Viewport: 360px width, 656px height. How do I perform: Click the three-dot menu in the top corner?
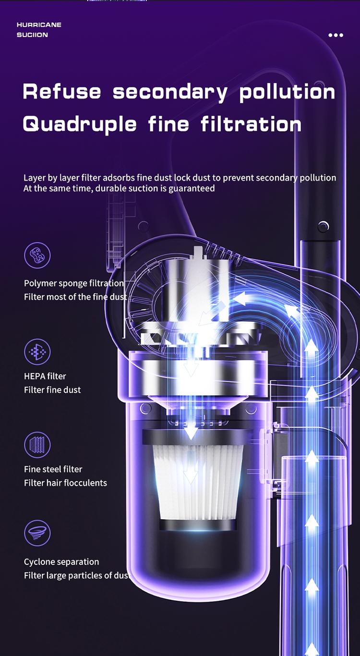coord(336,35)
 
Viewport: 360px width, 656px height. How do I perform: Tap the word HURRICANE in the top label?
coord(39,25)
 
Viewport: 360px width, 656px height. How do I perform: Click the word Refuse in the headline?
coord(62,91)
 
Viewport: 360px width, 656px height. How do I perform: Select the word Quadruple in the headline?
coord(80,124)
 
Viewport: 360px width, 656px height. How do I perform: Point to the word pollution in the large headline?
coord(287,93)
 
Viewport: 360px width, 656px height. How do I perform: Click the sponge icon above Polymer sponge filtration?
coord(37,255)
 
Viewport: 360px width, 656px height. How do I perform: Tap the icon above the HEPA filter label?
coord(37,352)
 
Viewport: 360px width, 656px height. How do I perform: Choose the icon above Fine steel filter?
coord(37,445)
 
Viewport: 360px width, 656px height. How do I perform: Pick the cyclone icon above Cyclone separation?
coord(37,533)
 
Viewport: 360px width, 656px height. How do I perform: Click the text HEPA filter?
coord(45,376)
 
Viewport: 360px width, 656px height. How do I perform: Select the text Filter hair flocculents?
coord(66,483)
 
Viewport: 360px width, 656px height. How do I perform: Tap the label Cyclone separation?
coord(61,562)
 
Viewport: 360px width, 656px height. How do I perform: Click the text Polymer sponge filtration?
coord(74,283)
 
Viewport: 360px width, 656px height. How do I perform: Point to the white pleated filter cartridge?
coord(198,483)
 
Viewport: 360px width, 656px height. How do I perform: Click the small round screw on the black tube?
coord(323,226)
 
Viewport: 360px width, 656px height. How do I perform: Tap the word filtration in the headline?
coord(251,124)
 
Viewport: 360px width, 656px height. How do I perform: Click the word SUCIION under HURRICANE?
coord(32,35)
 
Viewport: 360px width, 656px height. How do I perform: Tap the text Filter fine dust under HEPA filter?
coord(52,390)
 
